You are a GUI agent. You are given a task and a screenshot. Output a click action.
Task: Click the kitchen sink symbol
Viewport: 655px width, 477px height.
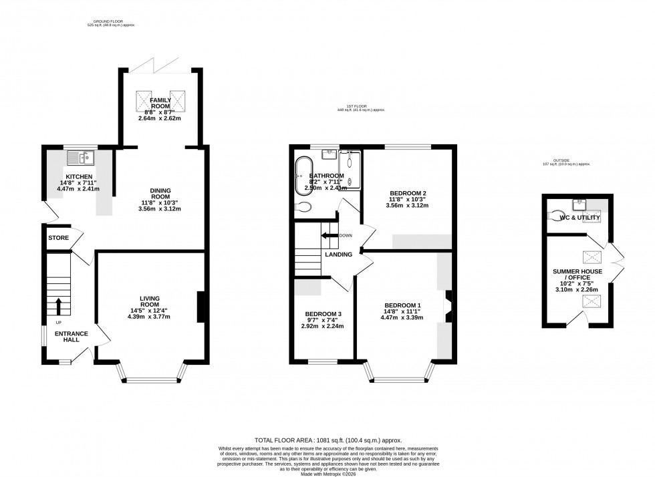pos(83,158)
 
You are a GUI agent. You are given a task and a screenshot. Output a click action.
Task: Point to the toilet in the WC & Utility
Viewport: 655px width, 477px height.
pos(559,216)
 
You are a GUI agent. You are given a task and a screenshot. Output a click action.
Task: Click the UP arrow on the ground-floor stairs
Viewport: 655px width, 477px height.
pos(58,306)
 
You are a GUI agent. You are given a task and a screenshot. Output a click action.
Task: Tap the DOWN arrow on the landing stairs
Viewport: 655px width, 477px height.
pos(327,235)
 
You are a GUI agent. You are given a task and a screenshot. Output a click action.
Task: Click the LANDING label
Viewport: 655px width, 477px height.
pos(338,255)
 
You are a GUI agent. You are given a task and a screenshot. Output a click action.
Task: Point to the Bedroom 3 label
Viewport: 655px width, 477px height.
pos(323,314)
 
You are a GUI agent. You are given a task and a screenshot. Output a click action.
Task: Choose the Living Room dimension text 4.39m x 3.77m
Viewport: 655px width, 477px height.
pos(150,316)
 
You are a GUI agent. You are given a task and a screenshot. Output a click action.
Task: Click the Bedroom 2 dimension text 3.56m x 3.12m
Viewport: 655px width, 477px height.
pos(408,205)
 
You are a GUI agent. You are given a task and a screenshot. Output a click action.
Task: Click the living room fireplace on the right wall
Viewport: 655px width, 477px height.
pos(201,307)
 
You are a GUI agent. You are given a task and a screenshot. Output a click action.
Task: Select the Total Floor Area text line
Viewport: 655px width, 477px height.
pos(327,440)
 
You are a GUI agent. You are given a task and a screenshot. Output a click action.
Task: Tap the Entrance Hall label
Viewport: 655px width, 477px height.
pos(68,336)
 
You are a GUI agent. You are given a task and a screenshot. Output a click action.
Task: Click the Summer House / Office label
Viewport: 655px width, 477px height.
pos(577,275)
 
